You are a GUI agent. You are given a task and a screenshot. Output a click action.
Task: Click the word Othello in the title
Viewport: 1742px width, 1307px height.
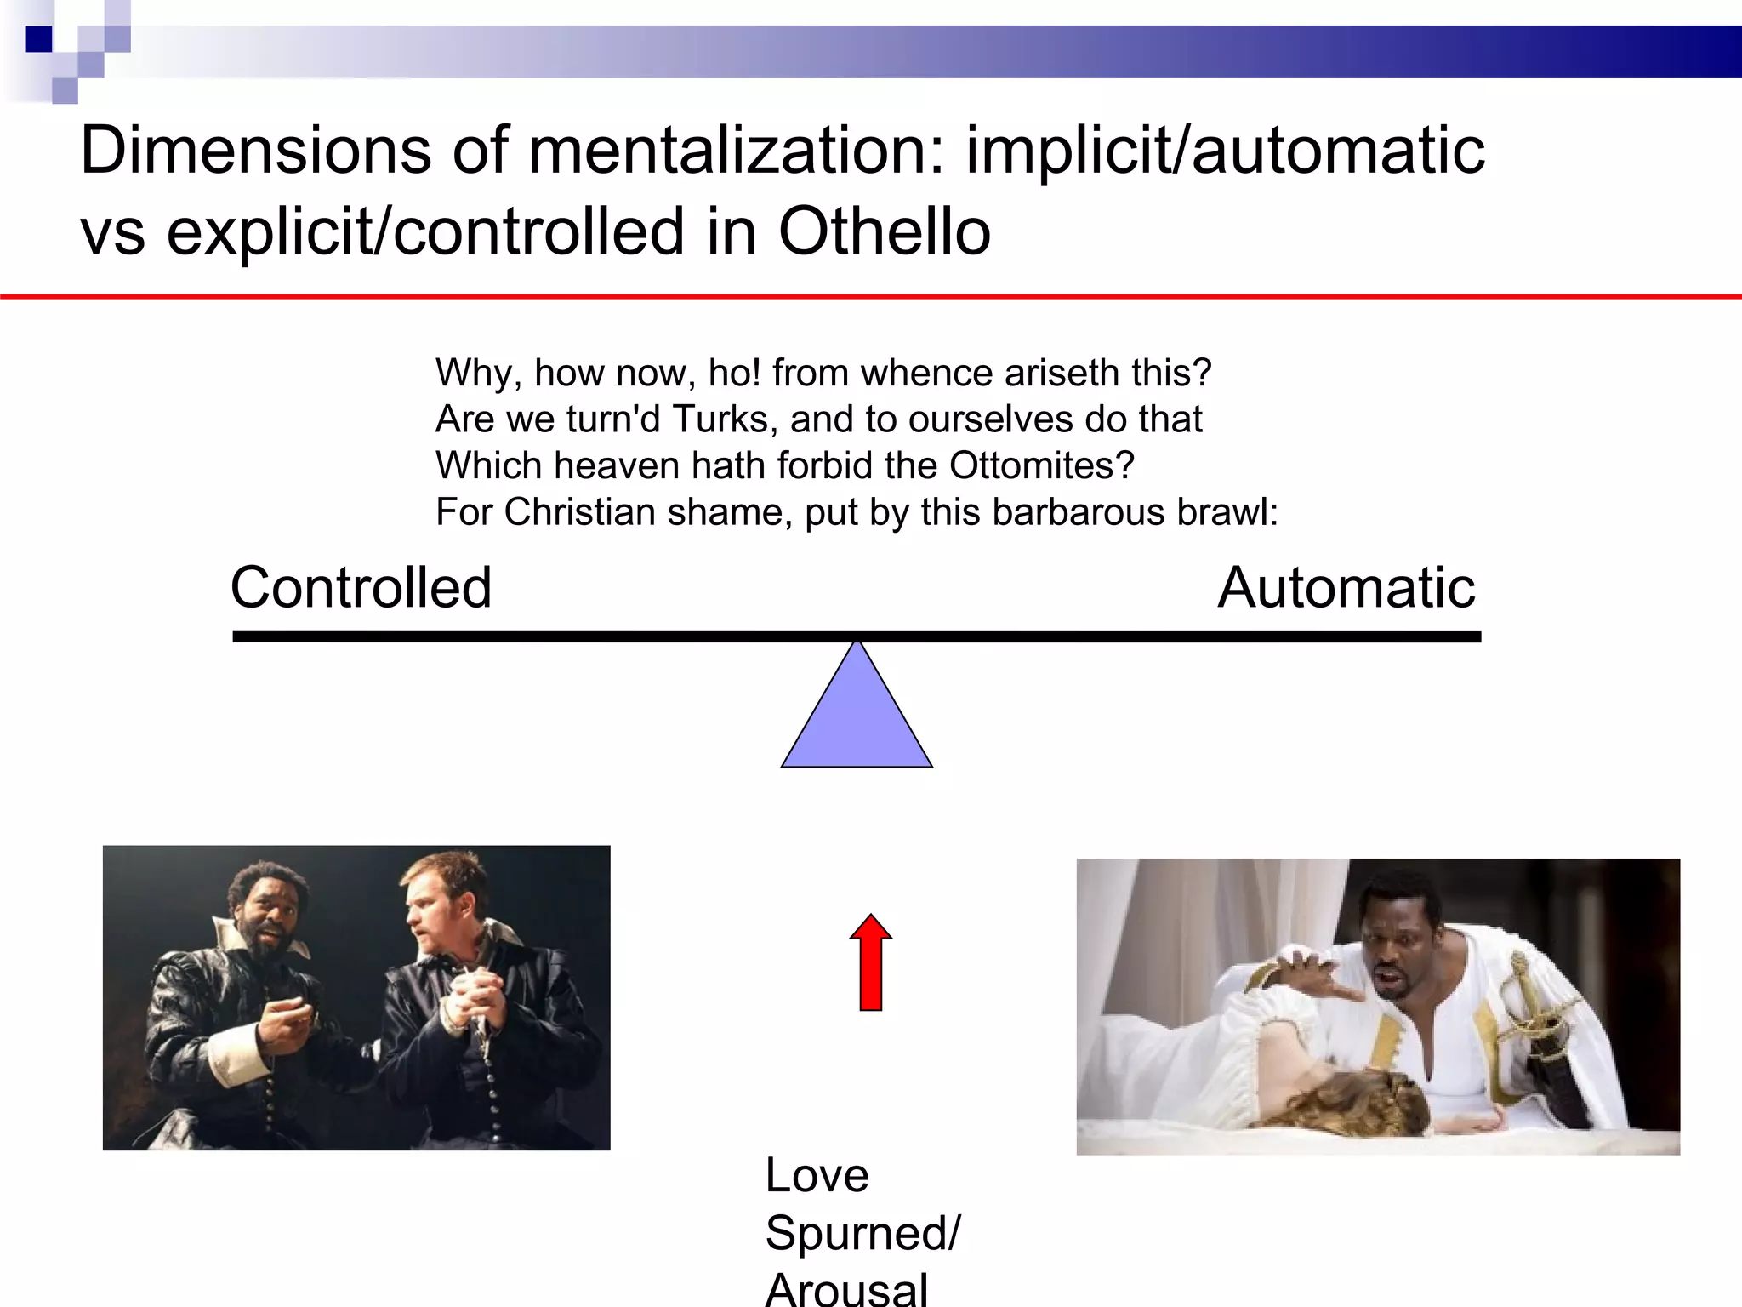[x=885, y=231]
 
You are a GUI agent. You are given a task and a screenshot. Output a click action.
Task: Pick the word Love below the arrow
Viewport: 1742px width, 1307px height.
[x=817, y=1175]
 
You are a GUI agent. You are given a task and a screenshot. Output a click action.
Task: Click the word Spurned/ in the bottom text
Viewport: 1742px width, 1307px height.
[x=862, y=1233]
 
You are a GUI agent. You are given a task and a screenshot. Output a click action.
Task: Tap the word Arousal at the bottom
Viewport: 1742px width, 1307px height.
[x=846, y=1288]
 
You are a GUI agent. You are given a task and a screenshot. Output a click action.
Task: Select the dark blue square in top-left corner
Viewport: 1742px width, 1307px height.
[x=38, y=39]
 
